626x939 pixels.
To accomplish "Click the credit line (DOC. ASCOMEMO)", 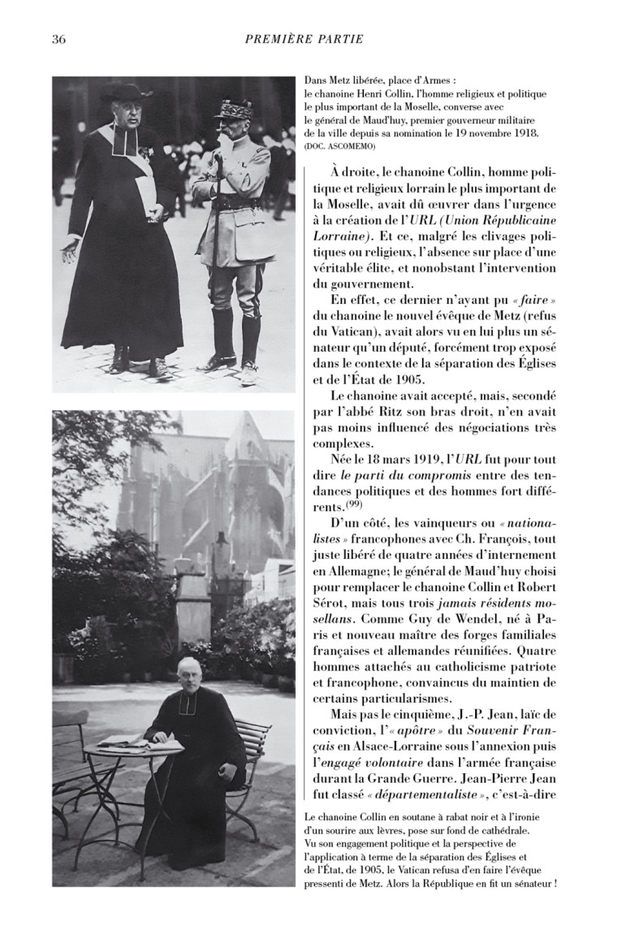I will pyautogui.click(x=339, y=146).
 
